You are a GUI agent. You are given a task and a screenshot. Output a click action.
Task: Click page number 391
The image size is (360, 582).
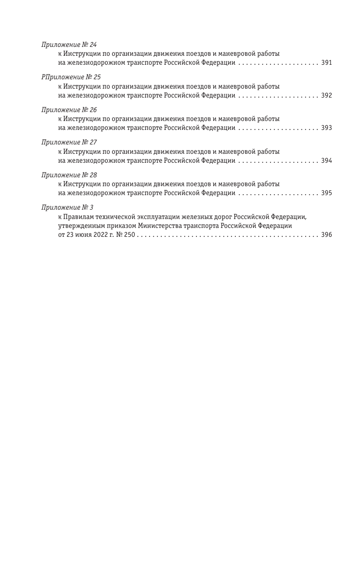[326, 63]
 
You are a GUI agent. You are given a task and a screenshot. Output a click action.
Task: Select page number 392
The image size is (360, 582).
[326, 96]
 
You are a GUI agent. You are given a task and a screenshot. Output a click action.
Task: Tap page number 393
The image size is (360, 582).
[326, 128]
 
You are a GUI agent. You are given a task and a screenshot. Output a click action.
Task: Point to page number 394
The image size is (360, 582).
[326, 161]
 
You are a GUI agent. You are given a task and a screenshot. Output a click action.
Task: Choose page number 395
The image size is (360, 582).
[326, 193]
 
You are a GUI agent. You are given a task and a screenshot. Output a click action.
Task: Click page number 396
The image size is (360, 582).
[326, 235]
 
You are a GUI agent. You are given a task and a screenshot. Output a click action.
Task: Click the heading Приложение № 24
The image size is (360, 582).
[69, 45]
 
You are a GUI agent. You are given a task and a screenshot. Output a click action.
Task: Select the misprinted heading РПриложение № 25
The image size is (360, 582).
[71, 77]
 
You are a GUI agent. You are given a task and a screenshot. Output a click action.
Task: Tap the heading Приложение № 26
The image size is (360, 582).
[69, 110]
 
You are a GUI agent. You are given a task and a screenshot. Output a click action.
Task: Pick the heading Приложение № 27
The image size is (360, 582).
[69, 143]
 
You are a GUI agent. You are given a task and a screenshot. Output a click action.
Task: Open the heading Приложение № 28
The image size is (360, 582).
[69, 175]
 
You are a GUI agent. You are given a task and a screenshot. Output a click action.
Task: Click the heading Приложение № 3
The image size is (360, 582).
[67, 207]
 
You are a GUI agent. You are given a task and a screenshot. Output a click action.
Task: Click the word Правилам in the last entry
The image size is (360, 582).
[78, 217]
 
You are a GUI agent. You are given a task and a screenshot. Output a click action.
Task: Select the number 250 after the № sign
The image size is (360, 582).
[129, 235]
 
